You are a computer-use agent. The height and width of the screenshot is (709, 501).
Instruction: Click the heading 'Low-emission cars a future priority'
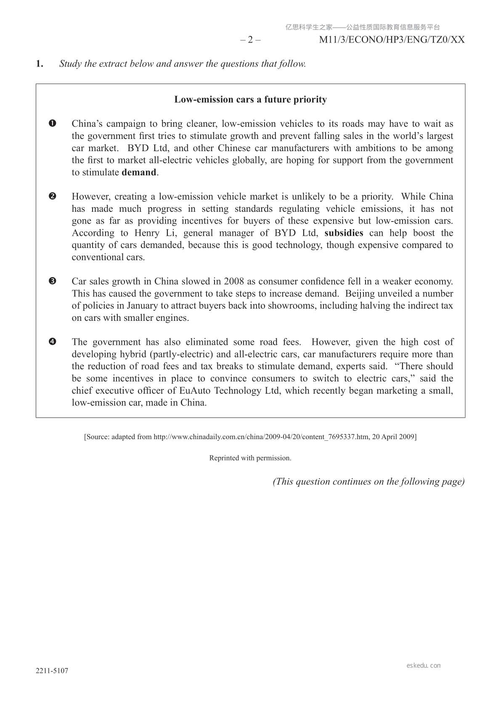tap(250, 100)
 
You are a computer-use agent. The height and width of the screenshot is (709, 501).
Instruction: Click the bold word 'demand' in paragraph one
tap(139, 172)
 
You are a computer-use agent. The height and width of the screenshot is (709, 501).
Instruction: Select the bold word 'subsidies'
tap(344, 233)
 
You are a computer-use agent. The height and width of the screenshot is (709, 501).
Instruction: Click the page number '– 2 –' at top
tap(250, 40)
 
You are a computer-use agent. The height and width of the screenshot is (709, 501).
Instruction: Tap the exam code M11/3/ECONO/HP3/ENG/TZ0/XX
tap(392, 40)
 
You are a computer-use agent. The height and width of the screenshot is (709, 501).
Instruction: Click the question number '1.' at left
tap(40, 64)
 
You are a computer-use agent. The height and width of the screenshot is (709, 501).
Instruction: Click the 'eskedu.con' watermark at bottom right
tap(424, 666)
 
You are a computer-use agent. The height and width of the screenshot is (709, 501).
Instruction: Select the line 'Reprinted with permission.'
tap(250, 458)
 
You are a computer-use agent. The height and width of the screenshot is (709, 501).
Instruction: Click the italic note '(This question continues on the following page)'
tap(368, 482)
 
